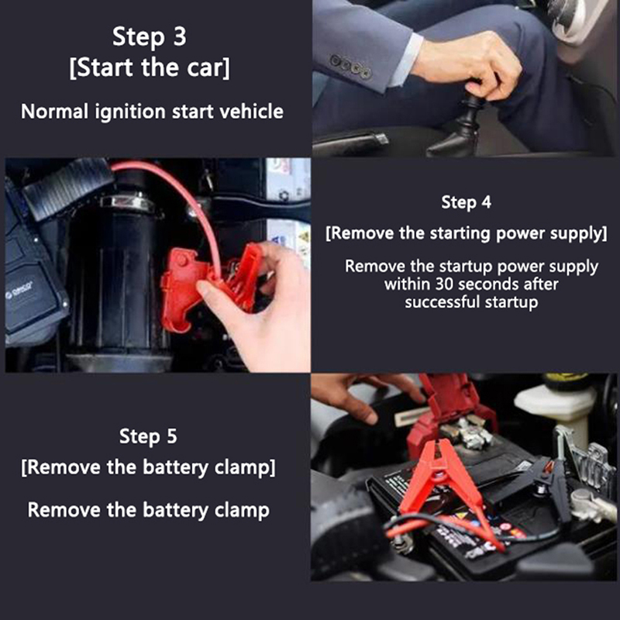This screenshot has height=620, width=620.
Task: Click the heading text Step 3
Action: click(x=149, y=36)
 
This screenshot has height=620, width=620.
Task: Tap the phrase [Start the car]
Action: click(x=149, y=67)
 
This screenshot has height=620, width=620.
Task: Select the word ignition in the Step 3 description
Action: click(x=129, y=112)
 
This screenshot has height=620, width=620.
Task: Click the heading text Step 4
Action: click(x=467, y=202)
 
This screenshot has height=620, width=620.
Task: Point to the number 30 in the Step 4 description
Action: click(x=446, y=284)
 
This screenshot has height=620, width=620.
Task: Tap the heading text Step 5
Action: click(x=148, y=436)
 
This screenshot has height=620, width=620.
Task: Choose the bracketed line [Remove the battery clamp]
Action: click(x=148, y=467)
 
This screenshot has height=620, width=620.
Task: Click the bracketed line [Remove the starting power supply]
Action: click(x=467, y=233)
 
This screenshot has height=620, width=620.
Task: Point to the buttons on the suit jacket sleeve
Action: click(x=351, y=66)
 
